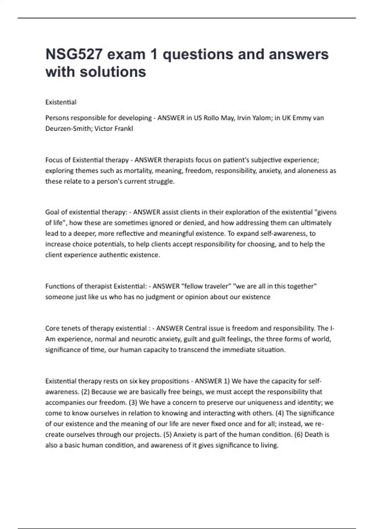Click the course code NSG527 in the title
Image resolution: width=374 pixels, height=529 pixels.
point(74,54)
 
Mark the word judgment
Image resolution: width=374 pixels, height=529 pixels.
point(160,297)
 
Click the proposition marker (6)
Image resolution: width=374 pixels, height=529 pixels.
point(298,434)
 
